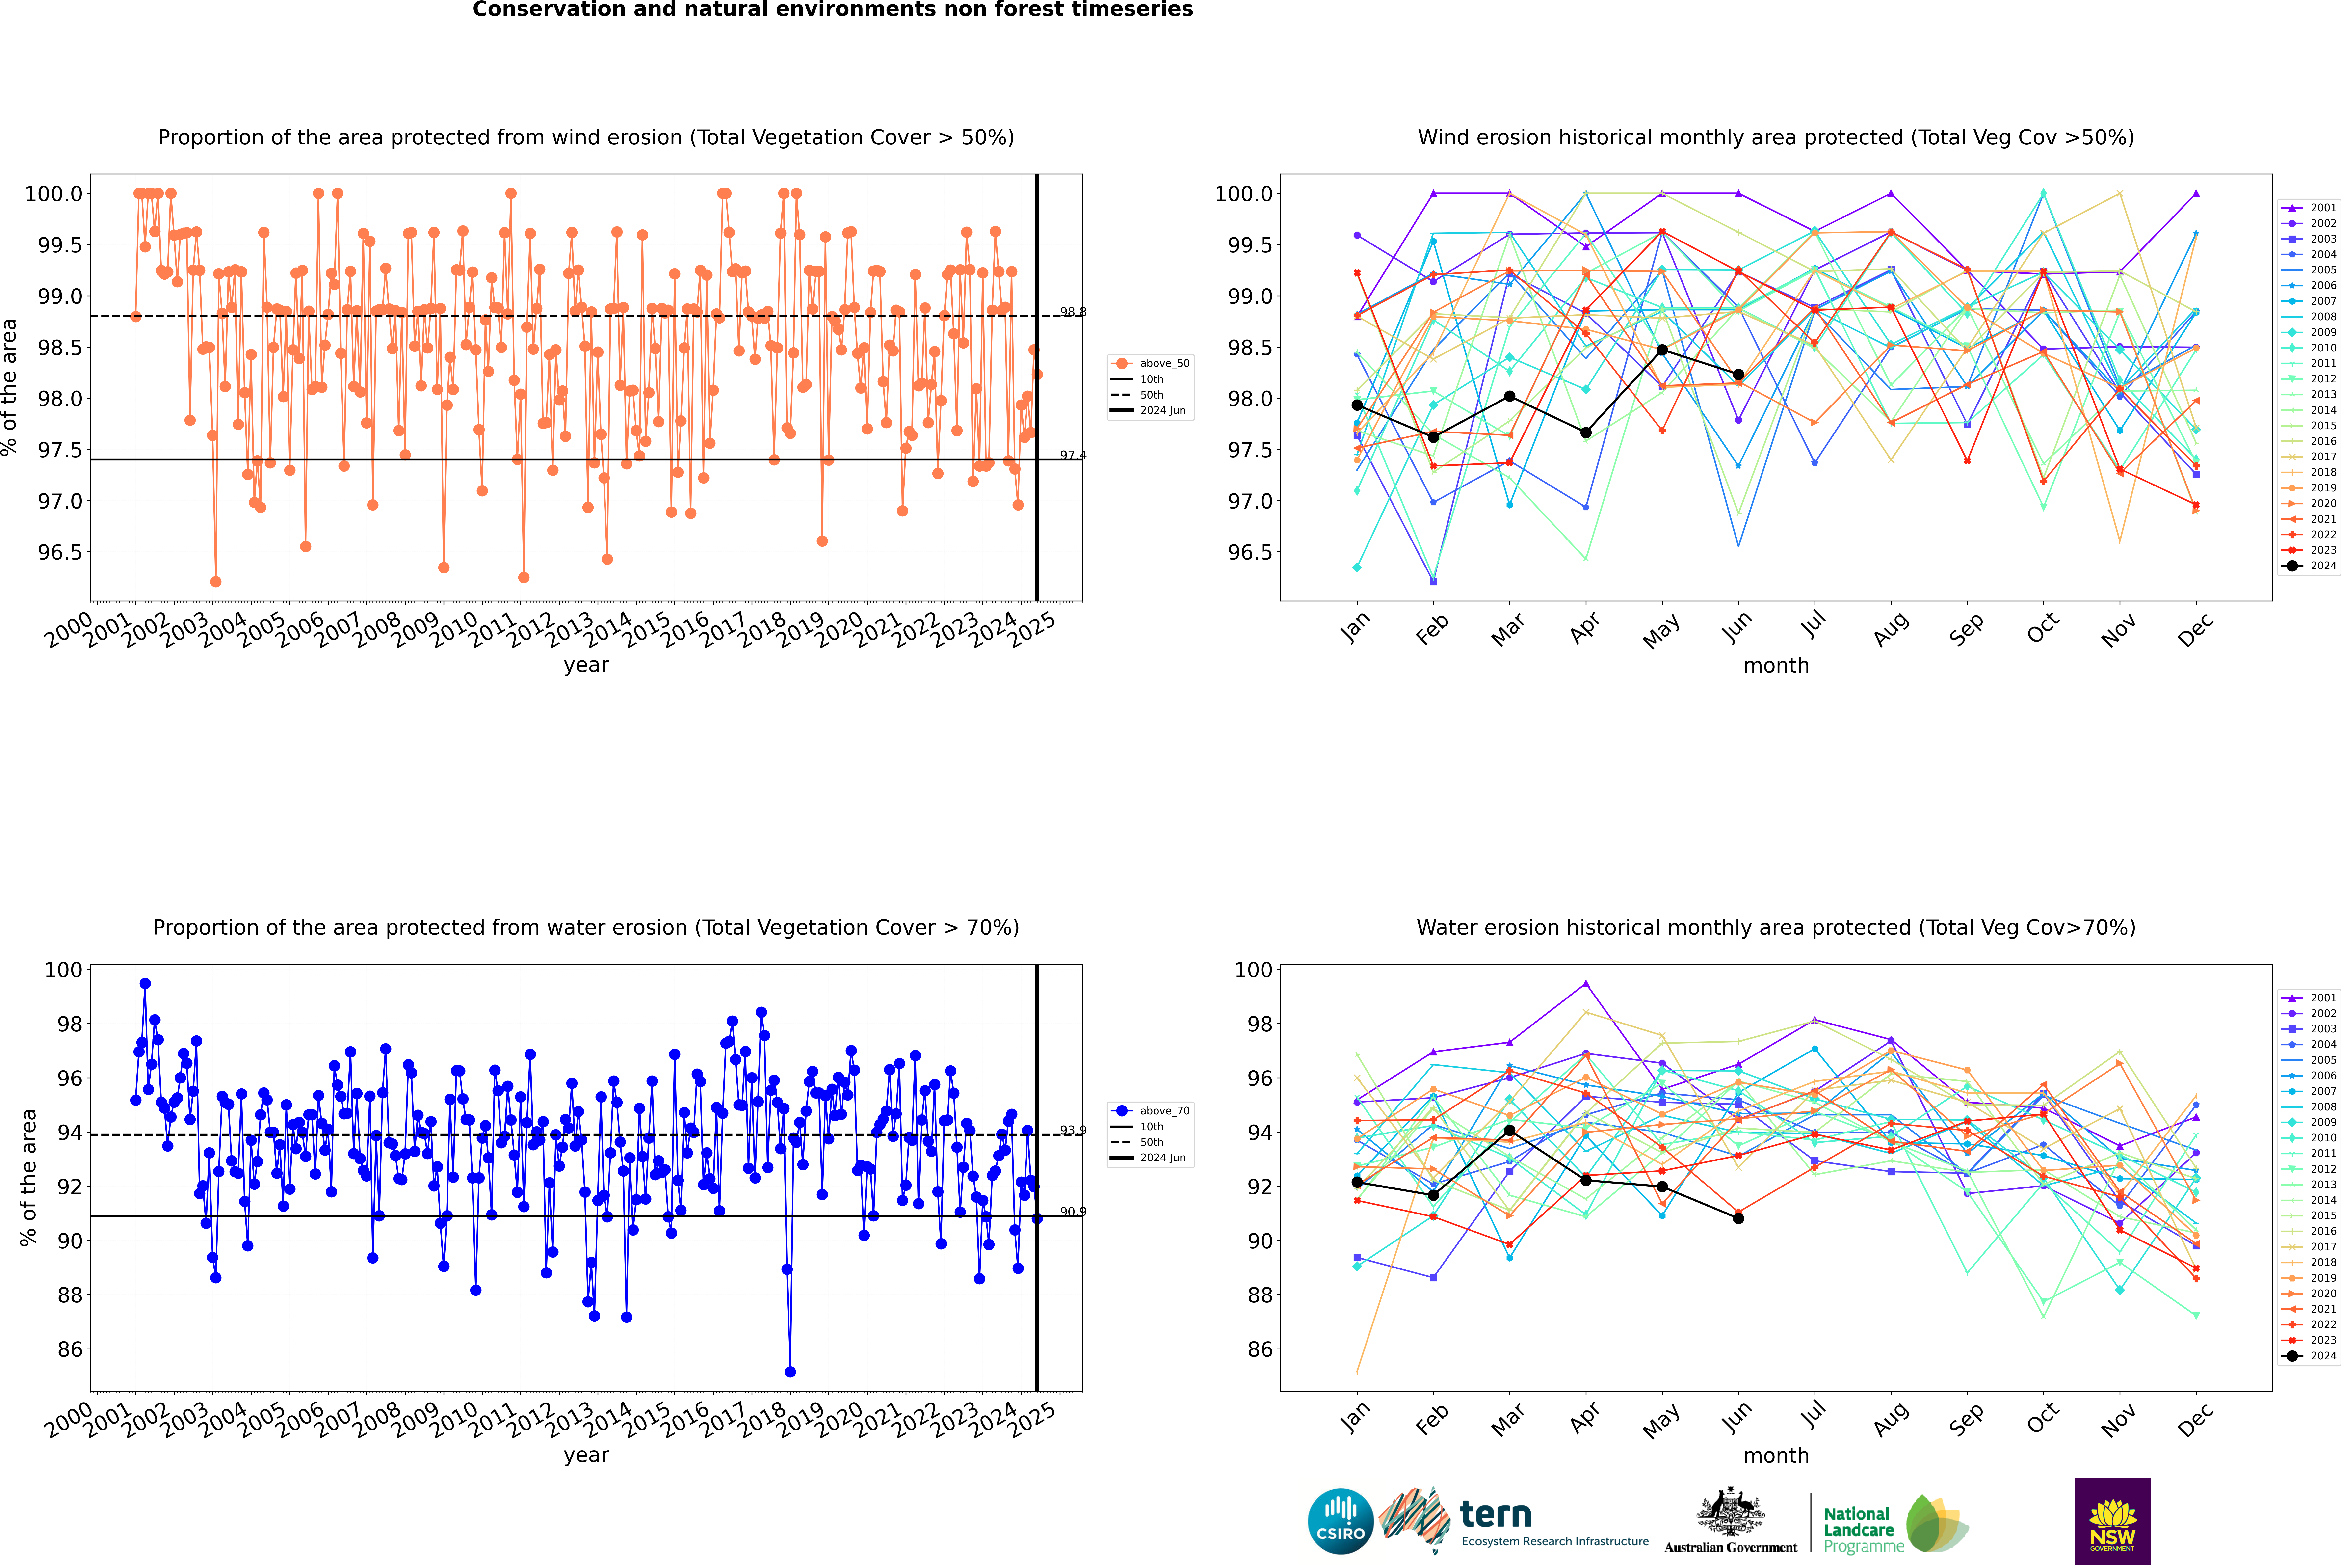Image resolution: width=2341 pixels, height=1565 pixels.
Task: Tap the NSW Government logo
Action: pos(2112,1521)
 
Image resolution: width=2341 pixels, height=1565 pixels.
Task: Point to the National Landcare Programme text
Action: pos(1858,1529)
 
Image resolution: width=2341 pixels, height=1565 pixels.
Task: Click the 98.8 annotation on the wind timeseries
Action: pos(1073,312)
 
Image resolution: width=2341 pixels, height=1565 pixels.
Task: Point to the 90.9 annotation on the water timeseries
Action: pos(1073,1212)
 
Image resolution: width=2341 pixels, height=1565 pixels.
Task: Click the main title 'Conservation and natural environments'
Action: pos(832,10)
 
